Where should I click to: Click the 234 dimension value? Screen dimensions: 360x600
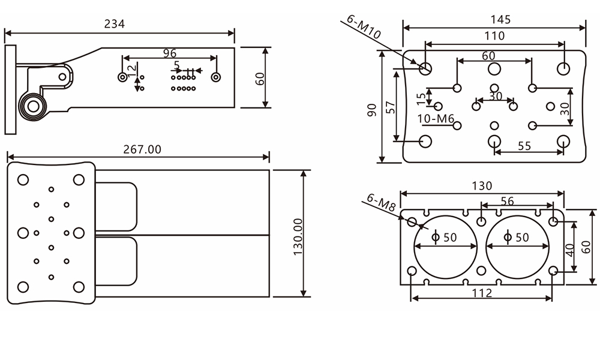click(115, 24)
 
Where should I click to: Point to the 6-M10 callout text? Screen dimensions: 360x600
click(364, 27)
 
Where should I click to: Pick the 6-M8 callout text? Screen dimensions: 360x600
click(380, 203)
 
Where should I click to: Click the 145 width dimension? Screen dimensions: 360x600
click(500, 19)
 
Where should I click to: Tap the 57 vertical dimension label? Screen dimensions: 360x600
click(390, 107)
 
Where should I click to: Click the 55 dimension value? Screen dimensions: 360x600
click(524, 146)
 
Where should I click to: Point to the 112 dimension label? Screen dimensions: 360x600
click(482, 293)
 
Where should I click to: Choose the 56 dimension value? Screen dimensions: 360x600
click(507, 202)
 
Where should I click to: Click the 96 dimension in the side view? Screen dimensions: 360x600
click(170, 53)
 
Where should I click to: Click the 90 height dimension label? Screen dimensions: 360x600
click(372, 110)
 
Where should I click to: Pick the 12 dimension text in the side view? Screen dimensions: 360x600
click(131, 71)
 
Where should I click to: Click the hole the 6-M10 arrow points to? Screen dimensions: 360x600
click(426, 68)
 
